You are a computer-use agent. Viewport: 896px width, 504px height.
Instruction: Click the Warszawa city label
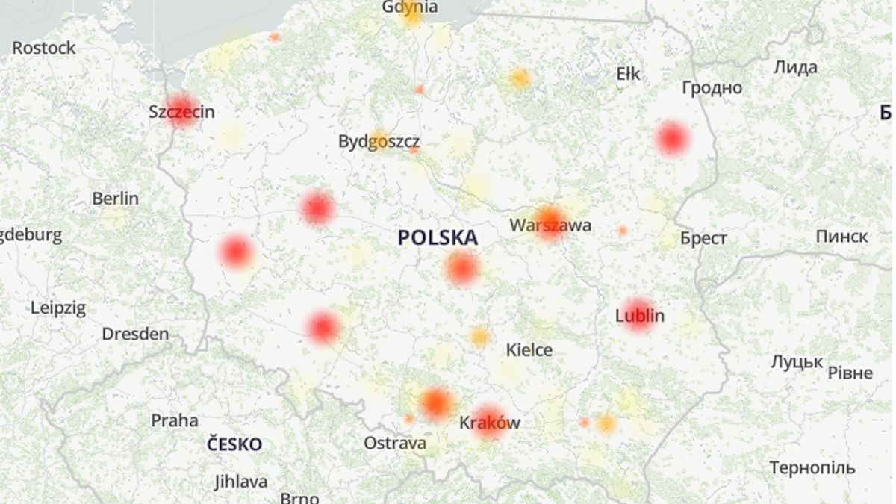coord(550,225)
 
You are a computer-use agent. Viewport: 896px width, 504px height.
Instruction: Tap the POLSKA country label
coord(438,238)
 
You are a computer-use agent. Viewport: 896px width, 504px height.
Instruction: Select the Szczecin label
coord(181,112)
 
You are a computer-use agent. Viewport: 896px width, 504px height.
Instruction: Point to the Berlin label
coord(115,199)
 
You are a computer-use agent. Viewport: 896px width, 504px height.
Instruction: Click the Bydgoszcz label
coord(379,141)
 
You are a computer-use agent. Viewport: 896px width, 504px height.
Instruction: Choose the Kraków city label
coord(489,423)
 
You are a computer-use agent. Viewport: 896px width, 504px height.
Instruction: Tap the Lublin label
coord(639,315)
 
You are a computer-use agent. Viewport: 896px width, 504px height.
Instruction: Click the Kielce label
coord(529,349)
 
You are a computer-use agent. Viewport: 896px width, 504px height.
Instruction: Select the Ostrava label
coord(395,443)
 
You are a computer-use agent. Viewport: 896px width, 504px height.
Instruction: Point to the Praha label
coord(175,420)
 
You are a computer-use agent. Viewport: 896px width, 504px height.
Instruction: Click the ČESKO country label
coord(234,444)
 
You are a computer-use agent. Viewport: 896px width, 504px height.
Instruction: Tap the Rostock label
coord(44,48)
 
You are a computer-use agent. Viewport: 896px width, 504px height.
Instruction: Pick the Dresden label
coord(135,334)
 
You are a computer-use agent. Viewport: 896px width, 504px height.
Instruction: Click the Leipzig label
coord(58,308)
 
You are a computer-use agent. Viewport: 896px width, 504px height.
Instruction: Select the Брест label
coord(703,238)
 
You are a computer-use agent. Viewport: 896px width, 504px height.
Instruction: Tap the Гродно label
coord(712,88)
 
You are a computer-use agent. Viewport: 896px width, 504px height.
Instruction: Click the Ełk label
coord(628,73)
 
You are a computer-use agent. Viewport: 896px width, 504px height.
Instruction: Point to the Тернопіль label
coord(812,468)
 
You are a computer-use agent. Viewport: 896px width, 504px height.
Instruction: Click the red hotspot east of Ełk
coord(671,139)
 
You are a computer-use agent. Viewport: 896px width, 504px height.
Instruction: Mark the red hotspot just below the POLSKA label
coord(462,268)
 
